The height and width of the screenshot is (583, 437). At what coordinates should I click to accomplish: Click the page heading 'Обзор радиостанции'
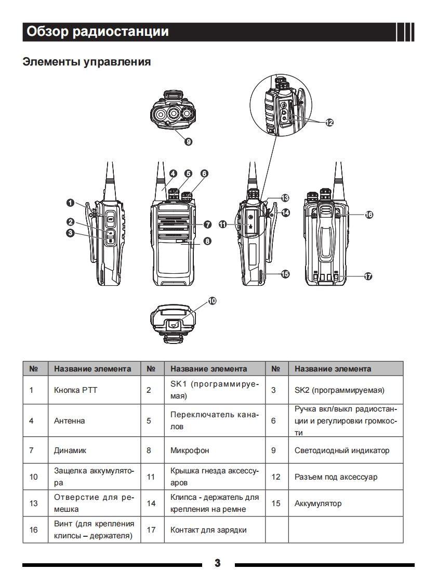[x=98, y=32]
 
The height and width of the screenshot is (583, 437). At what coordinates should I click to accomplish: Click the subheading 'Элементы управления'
[x=87, y=62]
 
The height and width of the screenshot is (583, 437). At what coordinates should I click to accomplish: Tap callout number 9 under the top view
[x=188, y=141]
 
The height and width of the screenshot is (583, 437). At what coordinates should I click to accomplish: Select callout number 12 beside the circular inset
[x=329, y=123]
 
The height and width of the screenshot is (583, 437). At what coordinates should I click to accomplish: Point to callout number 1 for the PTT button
[x=70, y=202]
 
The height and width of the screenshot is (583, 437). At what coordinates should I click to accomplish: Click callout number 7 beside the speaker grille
[x=207, y=224]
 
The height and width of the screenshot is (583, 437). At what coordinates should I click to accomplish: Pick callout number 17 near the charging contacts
[x=368, y=276]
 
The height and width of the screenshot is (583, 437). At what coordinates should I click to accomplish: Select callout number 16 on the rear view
[x=369, y=214]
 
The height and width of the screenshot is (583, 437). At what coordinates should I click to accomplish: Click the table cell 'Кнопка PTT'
[x=75, y=390]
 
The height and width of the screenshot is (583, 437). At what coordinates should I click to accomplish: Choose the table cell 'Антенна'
[x=69, y=420]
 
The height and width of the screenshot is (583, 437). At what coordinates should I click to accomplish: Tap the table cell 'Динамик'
[x=70, y=451]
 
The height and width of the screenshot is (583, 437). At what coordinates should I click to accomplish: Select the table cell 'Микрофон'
[x=190, y=451]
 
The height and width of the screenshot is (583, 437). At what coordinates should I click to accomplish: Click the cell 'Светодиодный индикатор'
[x=341, y=451]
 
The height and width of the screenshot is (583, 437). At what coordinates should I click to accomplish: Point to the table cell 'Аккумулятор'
[x=318, y=504]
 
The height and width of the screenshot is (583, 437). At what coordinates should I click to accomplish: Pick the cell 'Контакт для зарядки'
[x=208, y=530]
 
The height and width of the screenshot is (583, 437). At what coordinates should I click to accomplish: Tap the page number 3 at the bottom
[x=218, y=563]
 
